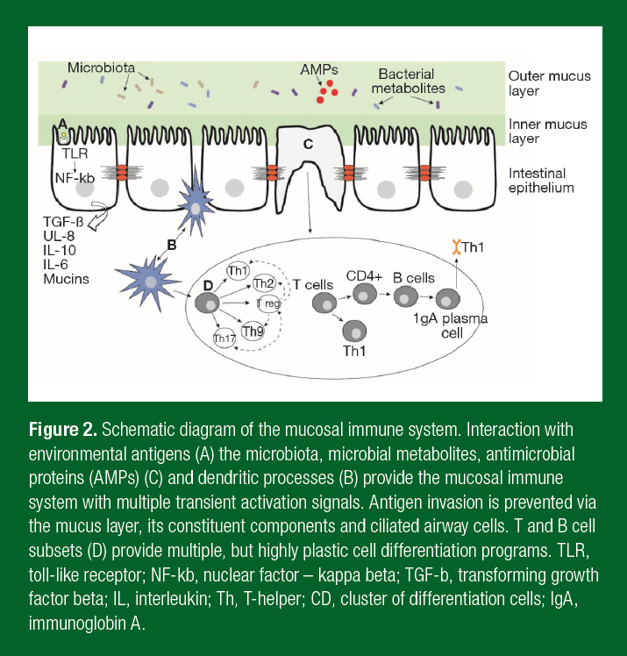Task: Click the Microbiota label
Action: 101,68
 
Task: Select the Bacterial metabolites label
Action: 407,82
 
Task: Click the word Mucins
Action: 66,279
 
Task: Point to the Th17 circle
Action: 226,338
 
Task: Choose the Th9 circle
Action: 253,331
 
